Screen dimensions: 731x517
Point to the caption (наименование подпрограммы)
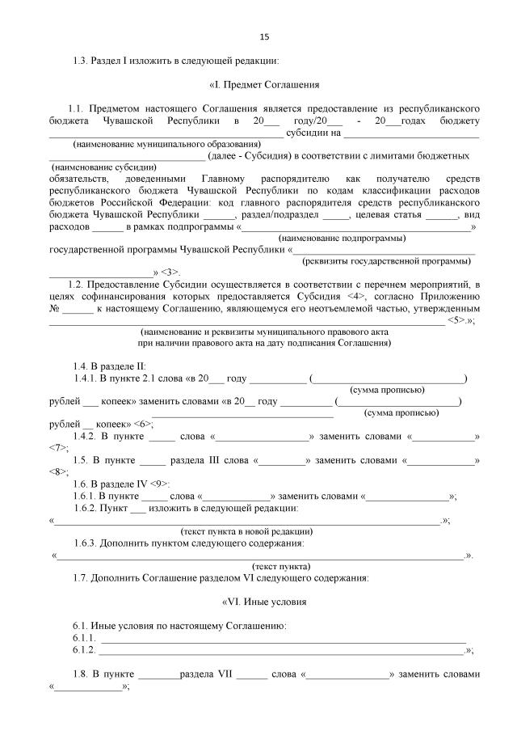click(x=342, y=239)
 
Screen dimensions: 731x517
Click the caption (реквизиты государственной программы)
click(x=385, y=261)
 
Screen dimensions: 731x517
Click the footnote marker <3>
click(x=170, y=273)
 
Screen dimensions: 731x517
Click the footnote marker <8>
click(x=58, y=471)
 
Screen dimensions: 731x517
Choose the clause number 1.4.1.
click(x=85, y=378)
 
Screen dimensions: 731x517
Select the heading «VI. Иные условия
click(x=264, y=602)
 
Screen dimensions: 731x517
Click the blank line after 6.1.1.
click(x=283, y=638)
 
